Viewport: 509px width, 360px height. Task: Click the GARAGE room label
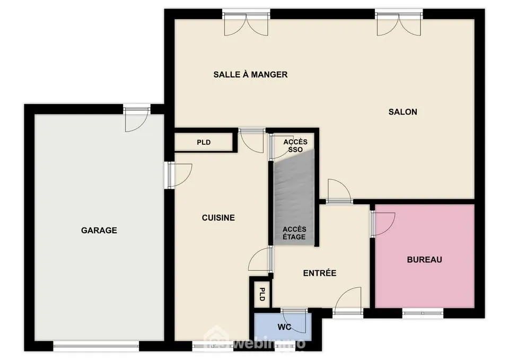pos(99,231)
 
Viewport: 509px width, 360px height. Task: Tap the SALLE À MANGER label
pos(250,75)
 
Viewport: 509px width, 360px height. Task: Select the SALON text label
pos(402,112)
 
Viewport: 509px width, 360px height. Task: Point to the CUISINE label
pos(218,218)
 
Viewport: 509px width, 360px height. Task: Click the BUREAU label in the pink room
pos(424,260)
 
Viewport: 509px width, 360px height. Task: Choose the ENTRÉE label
pos(320,274)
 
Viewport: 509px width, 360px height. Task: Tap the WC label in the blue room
pos(281,327)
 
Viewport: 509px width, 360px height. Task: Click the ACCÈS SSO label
pos(295,146)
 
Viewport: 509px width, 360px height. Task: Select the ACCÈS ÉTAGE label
pos(294,233)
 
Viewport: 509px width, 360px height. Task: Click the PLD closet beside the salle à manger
pos(204,142)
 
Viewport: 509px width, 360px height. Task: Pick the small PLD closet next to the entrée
pos(261,294)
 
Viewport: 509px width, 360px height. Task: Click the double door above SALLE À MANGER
pos(246,21)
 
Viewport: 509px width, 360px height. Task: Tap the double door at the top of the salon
pos(399,21)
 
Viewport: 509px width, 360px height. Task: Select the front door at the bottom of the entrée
pos(348,303)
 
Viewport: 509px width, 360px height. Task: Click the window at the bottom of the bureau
pos(423,313)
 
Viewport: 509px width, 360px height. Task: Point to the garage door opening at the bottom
pos(96,347)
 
